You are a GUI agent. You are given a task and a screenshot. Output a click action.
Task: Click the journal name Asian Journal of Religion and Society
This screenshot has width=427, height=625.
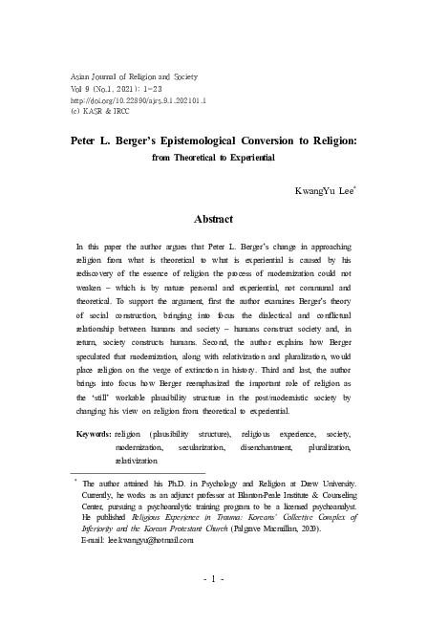pyautogui.click(x=132, y=74)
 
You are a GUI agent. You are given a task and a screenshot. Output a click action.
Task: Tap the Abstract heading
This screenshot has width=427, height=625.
pyautogui.click(x=213, y=219)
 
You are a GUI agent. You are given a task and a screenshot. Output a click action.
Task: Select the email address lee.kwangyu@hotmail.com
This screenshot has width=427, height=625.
pyautogui.click(x=139, y=540)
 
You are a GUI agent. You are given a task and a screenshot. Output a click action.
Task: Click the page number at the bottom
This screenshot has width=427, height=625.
pyautogui.click(x=213, y=579)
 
